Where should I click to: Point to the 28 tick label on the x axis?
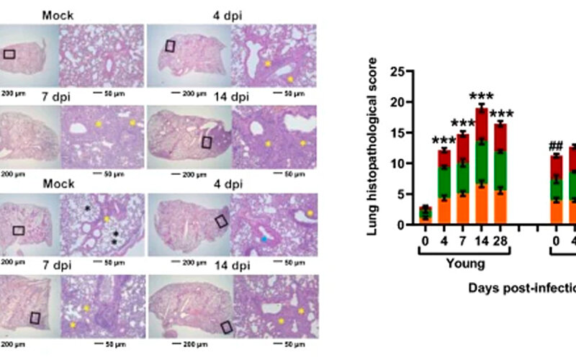(498, 238)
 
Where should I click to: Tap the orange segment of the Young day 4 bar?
(445, 211)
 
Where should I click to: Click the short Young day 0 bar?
(426, 215)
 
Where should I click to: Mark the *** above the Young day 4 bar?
(444, 140)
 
